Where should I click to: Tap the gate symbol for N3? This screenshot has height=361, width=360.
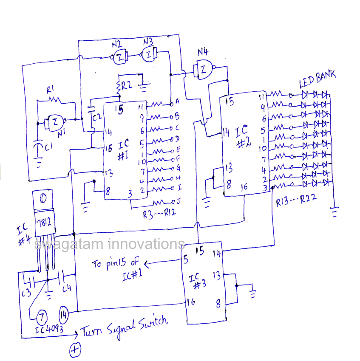(148, 54)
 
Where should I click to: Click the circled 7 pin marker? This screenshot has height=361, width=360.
(42, 316)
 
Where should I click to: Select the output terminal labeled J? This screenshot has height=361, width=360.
(173, 201)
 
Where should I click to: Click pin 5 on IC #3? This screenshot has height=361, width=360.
(185, 258)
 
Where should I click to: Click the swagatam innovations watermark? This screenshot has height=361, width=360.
(110, 244)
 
